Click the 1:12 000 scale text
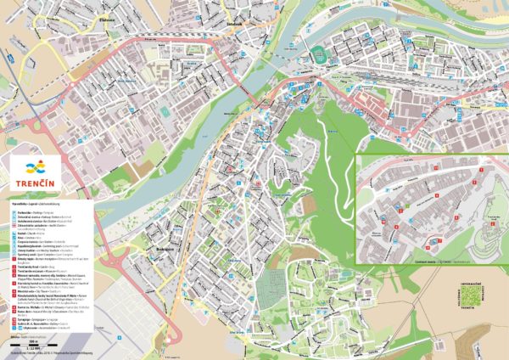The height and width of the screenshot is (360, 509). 33,348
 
